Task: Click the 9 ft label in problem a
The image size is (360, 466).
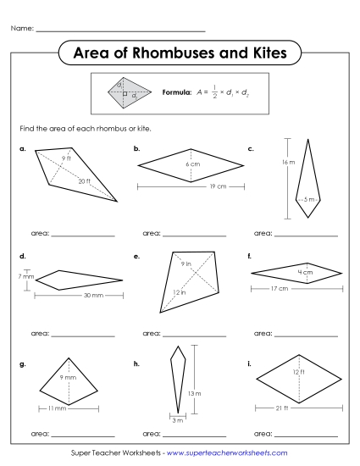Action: [66, 158]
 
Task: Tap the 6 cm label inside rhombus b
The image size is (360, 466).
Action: [192, 163]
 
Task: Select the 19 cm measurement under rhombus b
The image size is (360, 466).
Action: [192, 186]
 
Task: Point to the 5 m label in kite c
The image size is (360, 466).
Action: [308, 200]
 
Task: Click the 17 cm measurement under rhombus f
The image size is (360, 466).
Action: [280, 289]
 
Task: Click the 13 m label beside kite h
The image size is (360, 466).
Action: [193, 393]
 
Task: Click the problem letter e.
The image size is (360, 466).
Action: [136, 255]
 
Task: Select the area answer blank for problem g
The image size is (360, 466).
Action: [82, 434]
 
